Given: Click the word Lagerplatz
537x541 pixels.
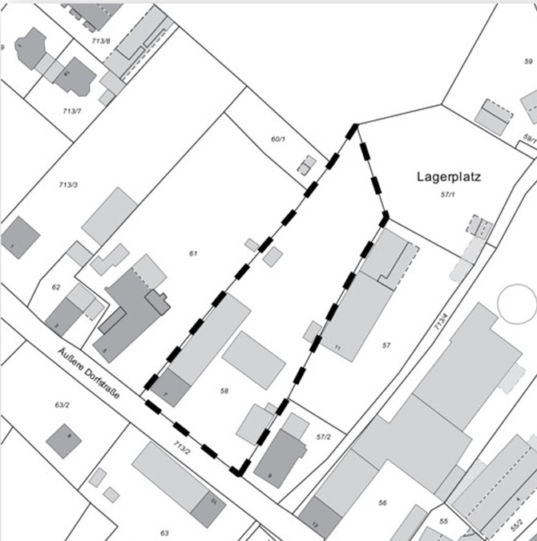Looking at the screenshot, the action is [449, 176].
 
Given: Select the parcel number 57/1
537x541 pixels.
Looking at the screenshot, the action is [448, 194].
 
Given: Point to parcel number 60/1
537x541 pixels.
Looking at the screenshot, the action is [278, 139].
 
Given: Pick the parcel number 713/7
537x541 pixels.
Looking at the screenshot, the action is [71, 110].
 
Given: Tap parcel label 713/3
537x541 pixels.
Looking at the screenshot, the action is [68, 185].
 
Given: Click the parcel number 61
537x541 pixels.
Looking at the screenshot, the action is [193, 253].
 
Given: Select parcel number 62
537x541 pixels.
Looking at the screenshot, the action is [55, 286].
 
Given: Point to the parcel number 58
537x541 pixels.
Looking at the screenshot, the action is [224, 390].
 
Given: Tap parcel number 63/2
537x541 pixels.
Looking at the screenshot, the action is [62, 406].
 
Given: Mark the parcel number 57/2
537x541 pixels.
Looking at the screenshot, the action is [324, 436].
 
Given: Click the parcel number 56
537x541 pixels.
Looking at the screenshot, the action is [382, 502].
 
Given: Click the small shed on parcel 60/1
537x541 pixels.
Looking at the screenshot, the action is [306, 165].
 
